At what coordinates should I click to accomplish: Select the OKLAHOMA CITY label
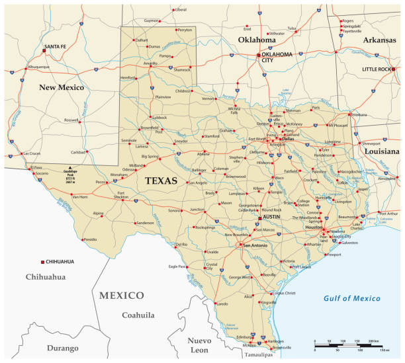tap(277, 57)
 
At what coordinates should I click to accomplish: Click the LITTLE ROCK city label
tap(376, 69)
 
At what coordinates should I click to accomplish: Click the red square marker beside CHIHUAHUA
tap(43, 262)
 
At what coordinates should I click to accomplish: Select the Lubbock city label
tap(159, 117)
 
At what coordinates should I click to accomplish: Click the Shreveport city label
tap(371, 143)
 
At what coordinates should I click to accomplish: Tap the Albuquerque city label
tap(38, 67)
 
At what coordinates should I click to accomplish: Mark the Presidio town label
tap(90, 239)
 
